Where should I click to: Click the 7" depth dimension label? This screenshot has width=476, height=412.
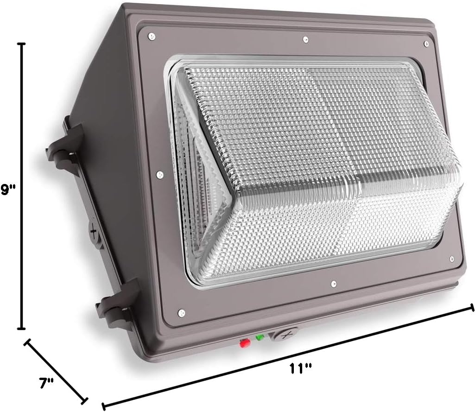[x=46, y=383]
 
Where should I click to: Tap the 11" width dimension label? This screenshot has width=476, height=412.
[x=300, y=369]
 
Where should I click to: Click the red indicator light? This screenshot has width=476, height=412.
[x=243, y=343]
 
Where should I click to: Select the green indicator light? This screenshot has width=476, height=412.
[x=260, y=337]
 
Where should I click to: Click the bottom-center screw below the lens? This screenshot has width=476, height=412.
[x=334, y=281]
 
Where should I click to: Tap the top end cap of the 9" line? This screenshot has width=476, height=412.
[x=21, y=43]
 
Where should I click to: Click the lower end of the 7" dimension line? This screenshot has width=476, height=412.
[x=85, y=399]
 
